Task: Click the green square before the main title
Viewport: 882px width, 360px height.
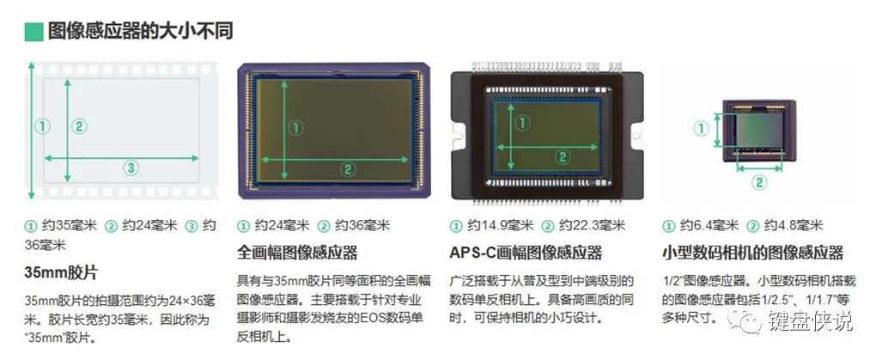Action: [x=34, y=32]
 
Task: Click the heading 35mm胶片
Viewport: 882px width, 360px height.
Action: [x=61, y=273]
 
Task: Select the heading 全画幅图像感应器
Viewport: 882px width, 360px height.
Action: [x=297, y=252]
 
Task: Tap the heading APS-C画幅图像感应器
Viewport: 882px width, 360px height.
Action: [x=526, y=252]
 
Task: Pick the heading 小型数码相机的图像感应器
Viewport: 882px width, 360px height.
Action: [x=752, y=252]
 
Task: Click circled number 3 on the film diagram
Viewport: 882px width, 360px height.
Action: [x=131, y=168]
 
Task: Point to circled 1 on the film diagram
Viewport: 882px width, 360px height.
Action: [x=42, y=126]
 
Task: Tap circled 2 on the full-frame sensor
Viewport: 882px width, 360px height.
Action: [x=347, y=168]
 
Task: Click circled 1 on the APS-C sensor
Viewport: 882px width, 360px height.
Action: [x=523, y=122]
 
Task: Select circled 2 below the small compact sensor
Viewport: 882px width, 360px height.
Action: [x=759, y=182]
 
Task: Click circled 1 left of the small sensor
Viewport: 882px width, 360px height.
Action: [x=700, y=130]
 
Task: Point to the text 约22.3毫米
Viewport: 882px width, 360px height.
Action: [x=592, y=226]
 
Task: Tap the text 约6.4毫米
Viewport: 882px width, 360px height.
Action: [x=708, y=226]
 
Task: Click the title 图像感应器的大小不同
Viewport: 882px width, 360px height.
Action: [x=140, y=32]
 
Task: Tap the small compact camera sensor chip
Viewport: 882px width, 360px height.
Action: [x=759, y=130]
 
